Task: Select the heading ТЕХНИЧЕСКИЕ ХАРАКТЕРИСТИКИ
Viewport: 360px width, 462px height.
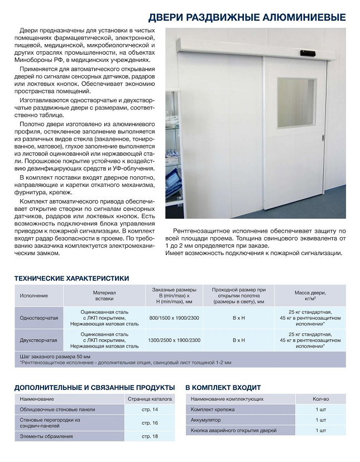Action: click(x=71, y=278)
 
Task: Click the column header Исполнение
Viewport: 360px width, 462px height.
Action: click(x=34, y=295)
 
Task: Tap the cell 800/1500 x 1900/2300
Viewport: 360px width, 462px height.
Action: click(x=174, y=317)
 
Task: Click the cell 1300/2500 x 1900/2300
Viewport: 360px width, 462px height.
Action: click(x=174, y=340)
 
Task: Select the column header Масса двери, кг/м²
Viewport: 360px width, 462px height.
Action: click(x=310, y=295)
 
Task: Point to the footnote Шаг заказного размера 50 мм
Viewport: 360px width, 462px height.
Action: click(x=55, y=356)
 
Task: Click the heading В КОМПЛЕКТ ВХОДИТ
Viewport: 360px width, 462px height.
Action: click(x=223, y=387)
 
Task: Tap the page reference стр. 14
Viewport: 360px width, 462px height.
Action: click(x=150, y=410)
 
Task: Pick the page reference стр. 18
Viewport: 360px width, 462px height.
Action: click(x=150, y=436)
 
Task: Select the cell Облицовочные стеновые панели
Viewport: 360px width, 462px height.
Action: click(x=57, y=410)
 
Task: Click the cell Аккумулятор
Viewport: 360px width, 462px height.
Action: click(x=206, y=420)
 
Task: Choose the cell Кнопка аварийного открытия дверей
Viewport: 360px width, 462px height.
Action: click(x=233, y=430)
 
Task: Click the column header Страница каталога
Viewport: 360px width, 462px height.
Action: click(x=150, y=399)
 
